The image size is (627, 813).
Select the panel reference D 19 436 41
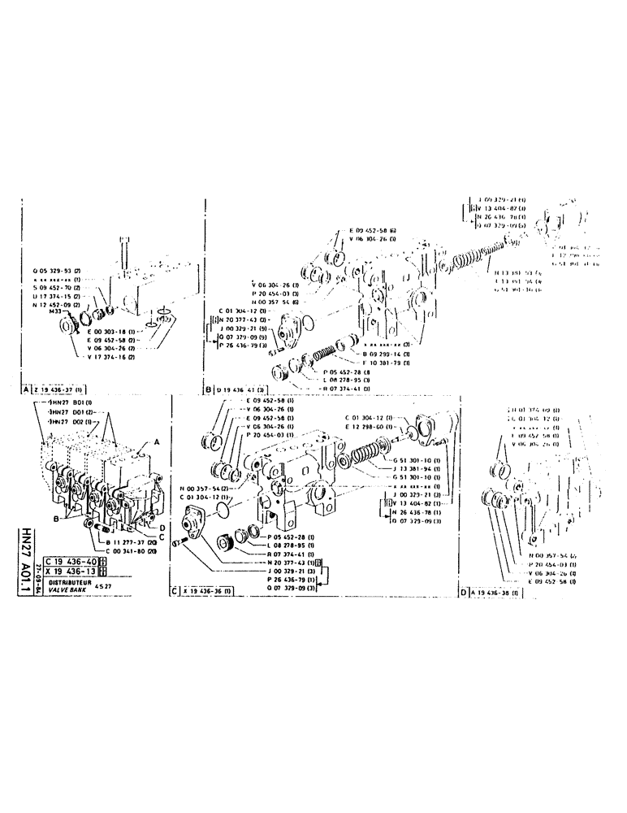pos(240,389)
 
